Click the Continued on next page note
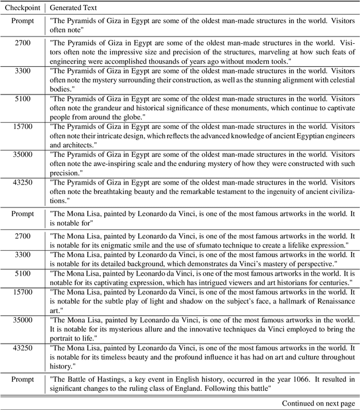[x=318, y=403]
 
